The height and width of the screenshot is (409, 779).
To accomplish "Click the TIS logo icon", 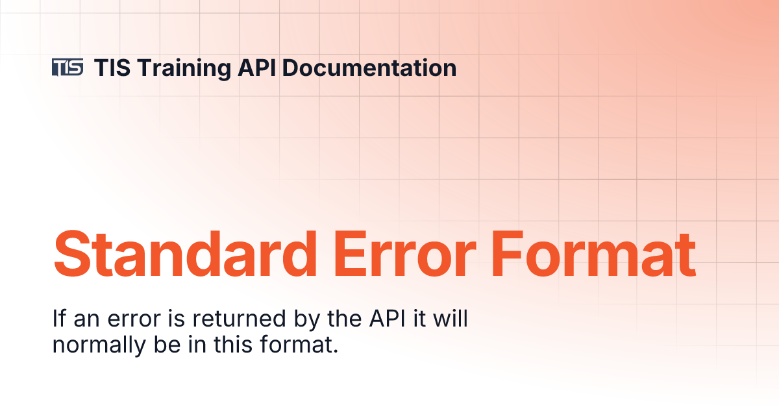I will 68,68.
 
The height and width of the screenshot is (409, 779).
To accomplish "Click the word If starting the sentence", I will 58,319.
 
